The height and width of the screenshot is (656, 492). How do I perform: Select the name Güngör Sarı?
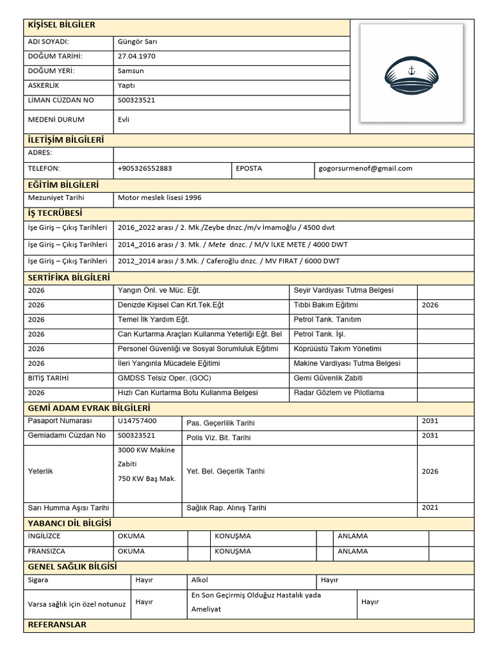[137, 42]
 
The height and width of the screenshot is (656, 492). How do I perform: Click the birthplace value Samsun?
[131, 71]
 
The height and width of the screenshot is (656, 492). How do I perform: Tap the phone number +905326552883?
[145, 168]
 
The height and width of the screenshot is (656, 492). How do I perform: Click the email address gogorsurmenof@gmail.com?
[365, 168]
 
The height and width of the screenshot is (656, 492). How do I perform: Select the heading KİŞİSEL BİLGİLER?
[61, 25]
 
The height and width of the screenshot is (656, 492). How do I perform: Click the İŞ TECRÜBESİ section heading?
[55, 213]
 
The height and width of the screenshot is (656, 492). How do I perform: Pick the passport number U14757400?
[137, 421]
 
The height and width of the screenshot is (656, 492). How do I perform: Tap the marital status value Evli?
[124, 119]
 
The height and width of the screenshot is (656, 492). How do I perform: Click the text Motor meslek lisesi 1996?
[160, 198]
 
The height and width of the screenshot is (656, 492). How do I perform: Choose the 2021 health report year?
[430, 507]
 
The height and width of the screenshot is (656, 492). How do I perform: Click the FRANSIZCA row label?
[47, 551]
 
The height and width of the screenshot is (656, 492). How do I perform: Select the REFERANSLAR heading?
[57, 625]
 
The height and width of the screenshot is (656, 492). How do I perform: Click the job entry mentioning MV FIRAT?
[229, 261]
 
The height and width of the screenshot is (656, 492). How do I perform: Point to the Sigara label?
[38, 580]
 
